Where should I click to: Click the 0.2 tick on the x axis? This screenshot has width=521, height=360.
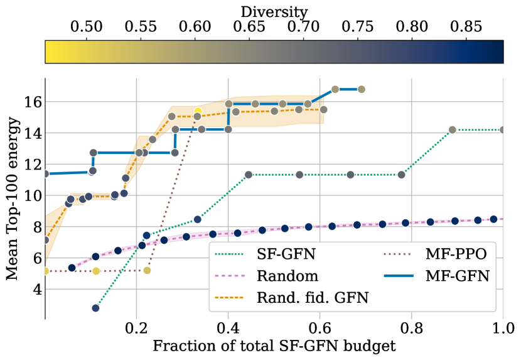[x=136, y=329]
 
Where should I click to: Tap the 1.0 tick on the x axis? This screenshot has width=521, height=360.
[x=502, y=329]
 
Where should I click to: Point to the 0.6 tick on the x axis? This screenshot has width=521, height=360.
[x=320, y=329]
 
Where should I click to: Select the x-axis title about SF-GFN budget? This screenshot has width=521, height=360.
[x=274, y=347]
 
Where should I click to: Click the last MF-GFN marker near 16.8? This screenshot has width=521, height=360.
[x=361, y=89]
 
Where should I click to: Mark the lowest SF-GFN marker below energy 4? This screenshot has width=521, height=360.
[x=95, y=308]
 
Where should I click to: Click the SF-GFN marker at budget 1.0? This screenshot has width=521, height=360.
[x=502, y=129]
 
